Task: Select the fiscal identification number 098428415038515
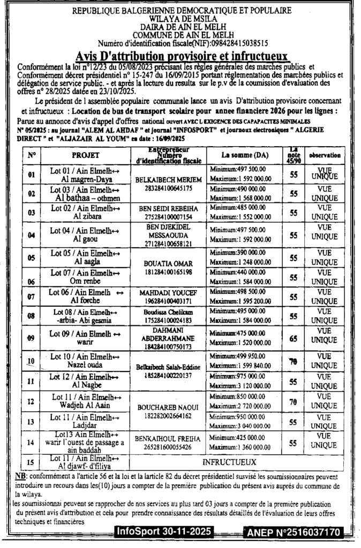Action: point(237,43)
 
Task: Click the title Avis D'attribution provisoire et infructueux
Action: point(182,56)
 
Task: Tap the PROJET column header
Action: point(86,155)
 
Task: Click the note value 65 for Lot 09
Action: point(293,338)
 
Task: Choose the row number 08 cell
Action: point(31,316)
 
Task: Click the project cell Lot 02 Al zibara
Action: point(86,212)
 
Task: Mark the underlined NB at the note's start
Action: point(21,475)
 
